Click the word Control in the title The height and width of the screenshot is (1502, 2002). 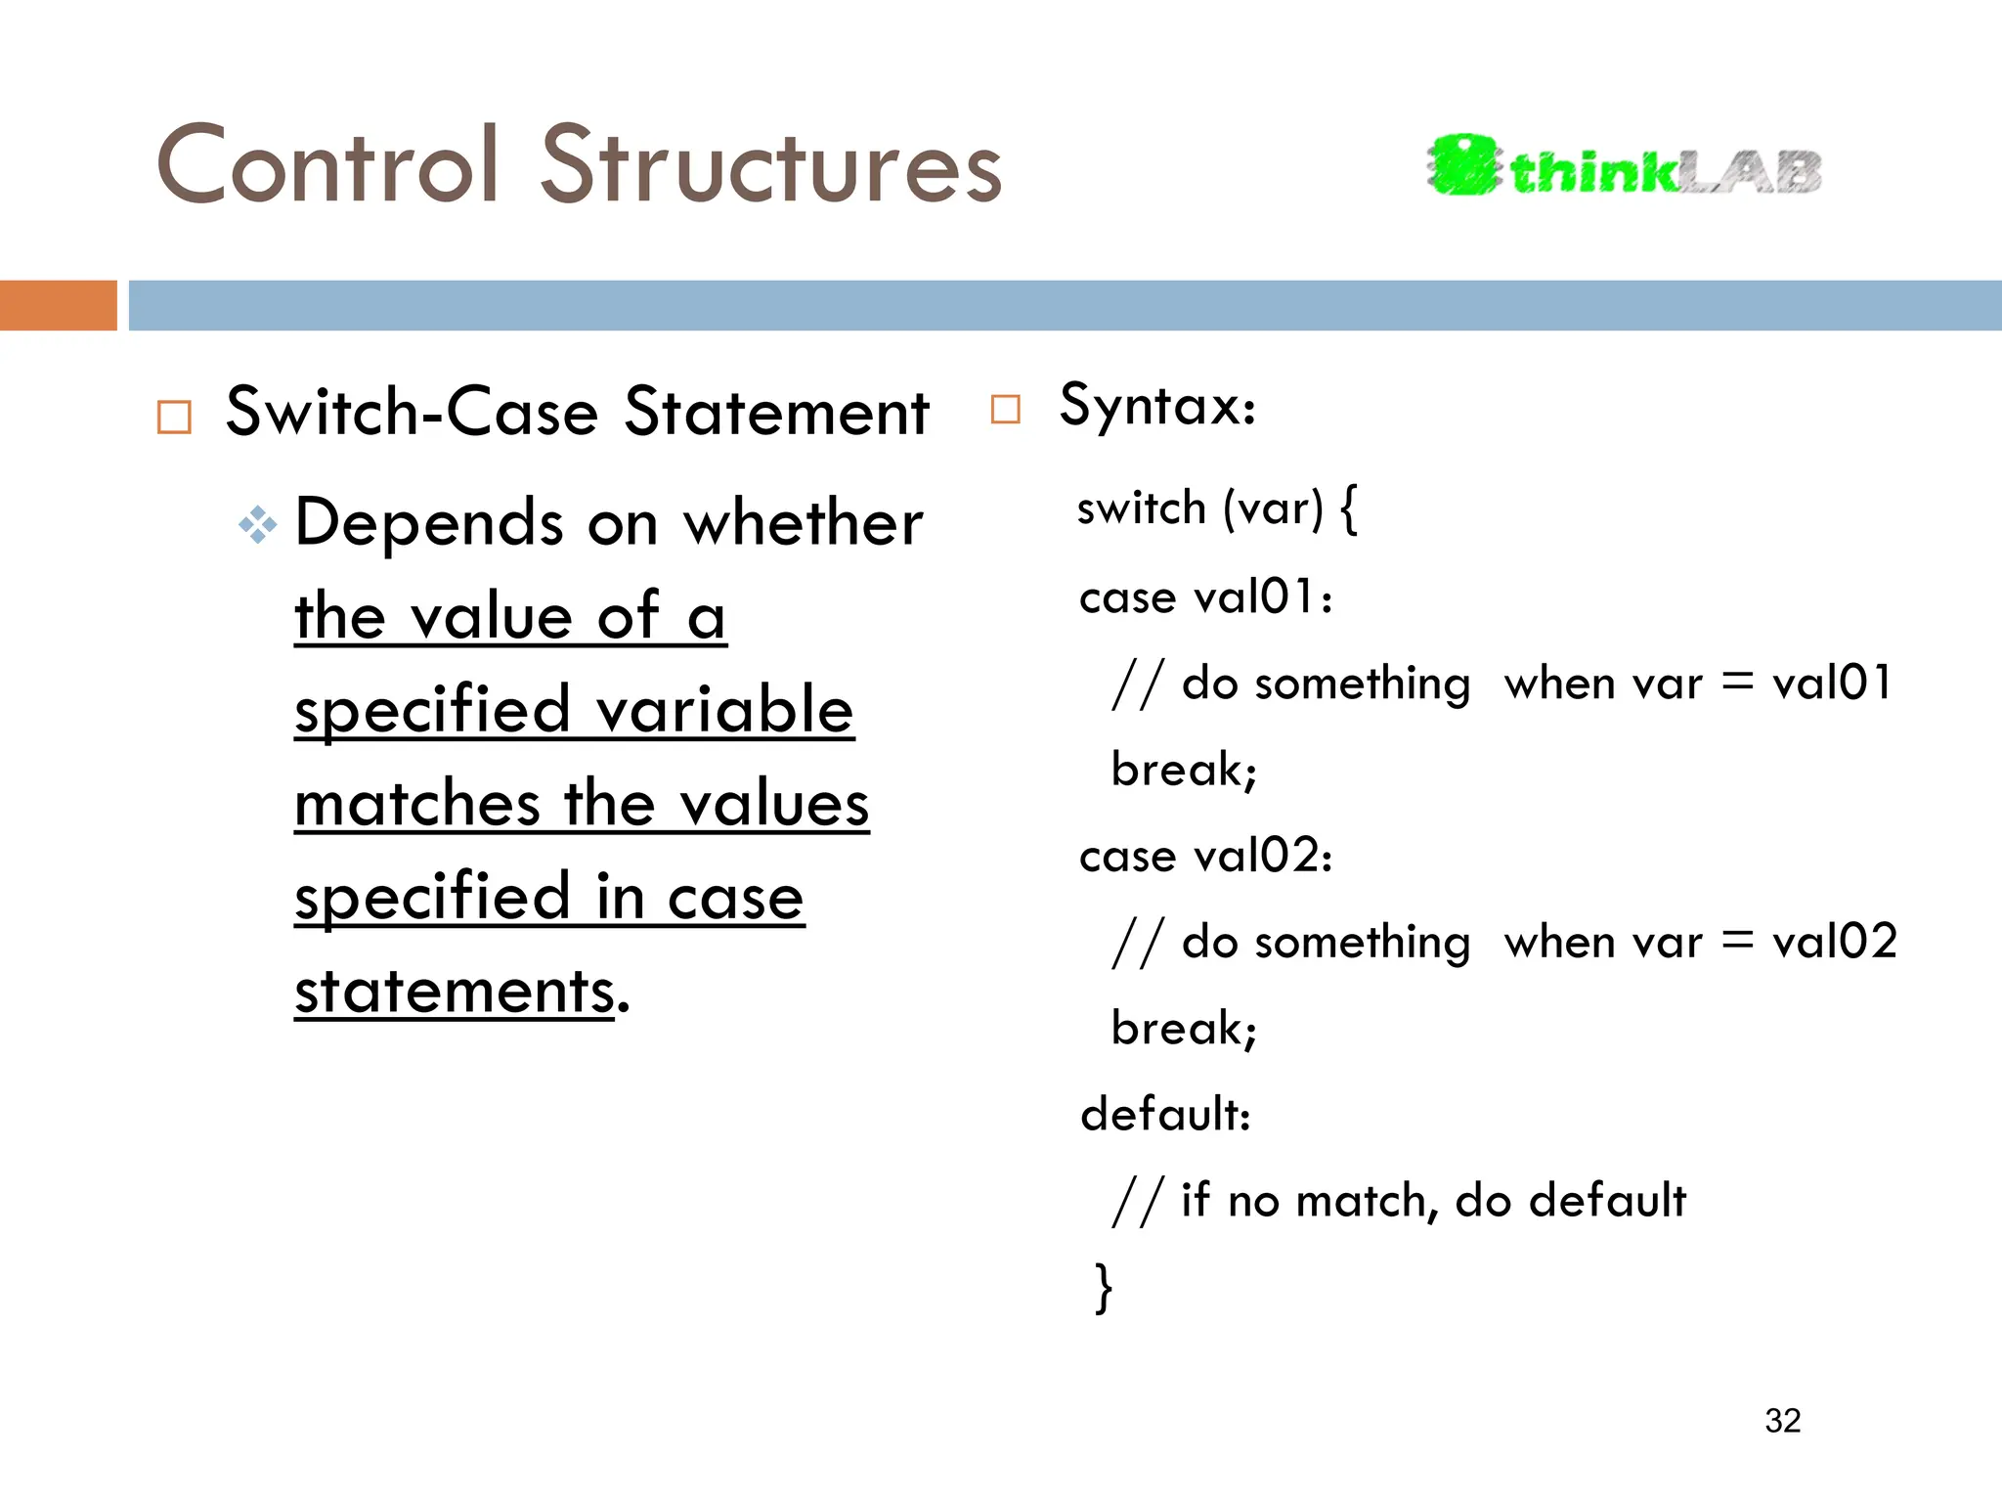click(328, 166)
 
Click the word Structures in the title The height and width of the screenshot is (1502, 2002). click(771, 166)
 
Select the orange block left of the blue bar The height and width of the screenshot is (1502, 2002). click(58, 305)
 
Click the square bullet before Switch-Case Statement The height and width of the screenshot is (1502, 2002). click(175, 418)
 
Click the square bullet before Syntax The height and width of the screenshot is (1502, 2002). click(1005, 409)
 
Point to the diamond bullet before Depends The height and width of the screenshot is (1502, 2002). click(258, 525)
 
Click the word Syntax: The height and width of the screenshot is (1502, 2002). click(1157, 406)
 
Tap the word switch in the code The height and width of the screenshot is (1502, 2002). click(1141, 509)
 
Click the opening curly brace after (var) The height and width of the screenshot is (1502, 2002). click(1349, 509)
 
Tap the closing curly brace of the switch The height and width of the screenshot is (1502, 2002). click(1104, 1287)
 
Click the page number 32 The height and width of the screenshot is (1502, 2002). click(1782, 1421)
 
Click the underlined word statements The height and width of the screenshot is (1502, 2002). click(455, 993)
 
